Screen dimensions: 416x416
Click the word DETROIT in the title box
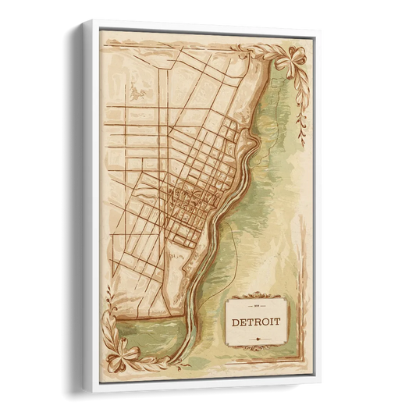(257, 320)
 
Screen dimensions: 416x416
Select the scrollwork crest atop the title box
(257, 297)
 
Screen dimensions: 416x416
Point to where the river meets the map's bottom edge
(182, 363)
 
